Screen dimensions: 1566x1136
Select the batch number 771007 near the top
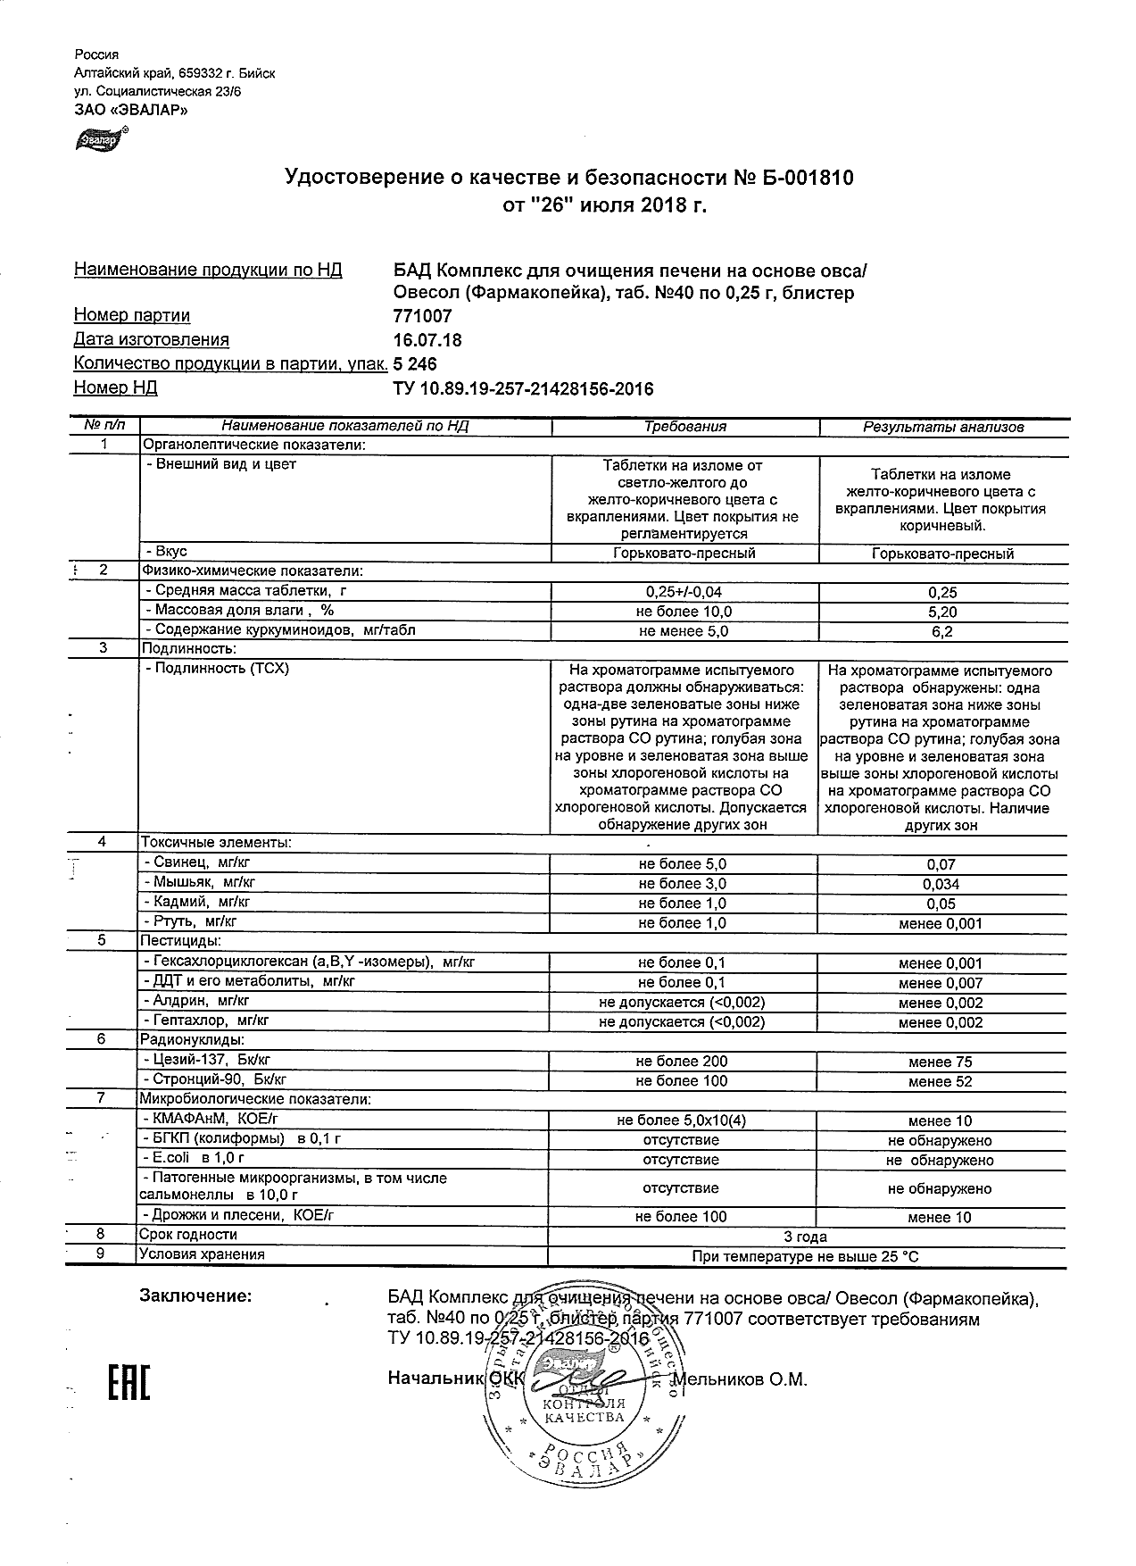tap(422, 316)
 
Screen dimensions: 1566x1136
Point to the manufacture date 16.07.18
tap(427, 340)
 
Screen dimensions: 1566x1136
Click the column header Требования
tap(685, 427)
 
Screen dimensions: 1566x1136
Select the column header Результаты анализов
tap(942, 427)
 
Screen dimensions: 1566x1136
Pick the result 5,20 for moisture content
tap(942, 612)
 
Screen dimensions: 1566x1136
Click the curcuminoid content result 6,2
tap(942, 632)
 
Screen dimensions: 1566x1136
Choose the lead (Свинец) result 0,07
tap(941, 864)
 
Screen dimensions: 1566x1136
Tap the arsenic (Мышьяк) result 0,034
tap(941, 884)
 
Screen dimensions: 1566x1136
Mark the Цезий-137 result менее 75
tap(941, 1062)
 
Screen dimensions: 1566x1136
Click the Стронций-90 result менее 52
tap(941, 1082)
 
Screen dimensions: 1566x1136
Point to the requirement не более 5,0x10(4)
tap(682, 1121)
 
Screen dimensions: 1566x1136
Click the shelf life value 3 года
tap(805, 1237)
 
